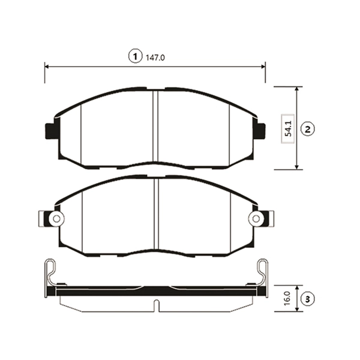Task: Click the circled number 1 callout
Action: [136, 56]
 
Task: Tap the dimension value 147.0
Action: [155, 58]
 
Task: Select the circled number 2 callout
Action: [308, 129]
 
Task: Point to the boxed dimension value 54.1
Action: [288, 128]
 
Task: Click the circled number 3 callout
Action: [308, 299]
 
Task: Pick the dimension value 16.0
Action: [287, 298]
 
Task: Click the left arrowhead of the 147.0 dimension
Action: [47, 67]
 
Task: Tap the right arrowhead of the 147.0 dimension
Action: [263, 67]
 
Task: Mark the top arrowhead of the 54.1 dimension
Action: [297, 89]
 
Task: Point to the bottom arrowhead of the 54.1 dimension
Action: [297, 167]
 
